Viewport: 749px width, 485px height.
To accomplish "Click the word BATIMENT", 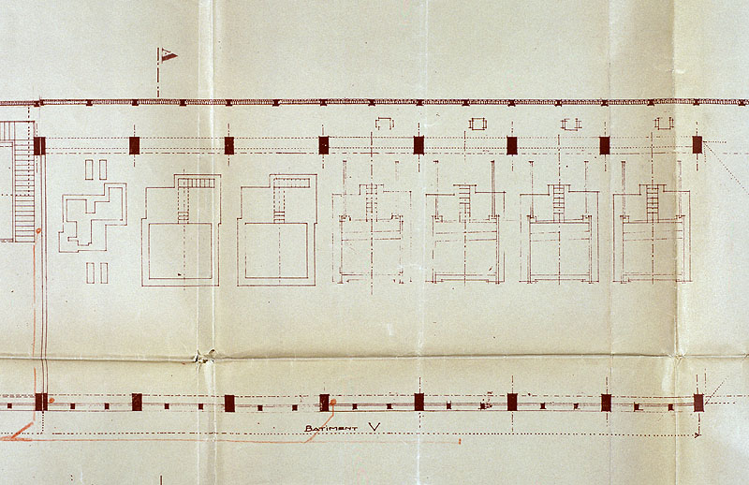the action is click(331, 429).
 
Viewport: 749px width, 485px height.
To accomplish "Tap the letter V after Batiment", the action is click(375, 427).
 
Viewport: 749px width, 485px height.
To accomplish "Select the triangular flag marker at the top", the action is click(169, 55).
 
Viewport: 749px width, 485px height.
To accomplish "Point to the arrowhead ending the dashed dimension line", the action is click(698, 434).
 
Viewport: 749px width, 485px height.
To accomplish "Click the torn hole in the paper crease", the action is click(205, 356).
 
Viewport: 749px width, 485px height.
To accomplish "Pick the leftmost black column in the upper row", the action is click(39, 146).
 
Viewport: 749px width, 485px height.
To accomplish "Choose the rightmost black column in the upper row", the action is click(698, 145).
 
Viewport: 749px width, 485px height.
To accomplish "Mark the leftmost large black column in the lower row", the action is click(41, 403).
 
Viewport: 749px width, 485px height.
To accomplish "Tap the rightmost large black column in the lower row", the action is click(698, 403).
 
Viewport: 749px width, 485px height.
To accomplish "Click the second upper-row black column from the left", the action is click(134, 145).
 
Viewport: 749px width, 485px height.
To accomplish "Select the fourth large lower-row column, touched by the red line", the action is click(324, 403).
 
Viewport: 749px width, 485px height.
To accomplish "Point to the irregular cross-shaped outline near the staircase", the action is click(94, 217).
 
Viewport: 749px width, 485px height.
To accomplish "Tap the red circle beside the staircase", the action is click(38, 231).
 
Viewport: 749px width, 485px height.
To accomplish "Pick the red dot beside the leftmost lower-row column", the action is click(51, 400).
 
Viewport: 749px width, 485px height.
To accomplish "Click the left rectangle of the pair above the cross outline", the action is click(89, 169).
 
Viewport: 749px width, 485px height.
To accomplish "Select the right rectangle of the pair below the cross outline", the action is click(104, 272).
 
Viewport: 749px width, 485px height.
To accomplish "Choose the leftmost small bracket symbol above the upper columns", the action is click(385, 124).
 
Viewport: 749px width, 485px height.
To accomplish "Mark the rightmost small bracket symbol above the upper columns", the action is click(664, 124).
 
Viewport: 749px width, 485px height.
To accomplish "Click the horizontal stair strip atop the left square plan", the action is click(197, 183).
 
